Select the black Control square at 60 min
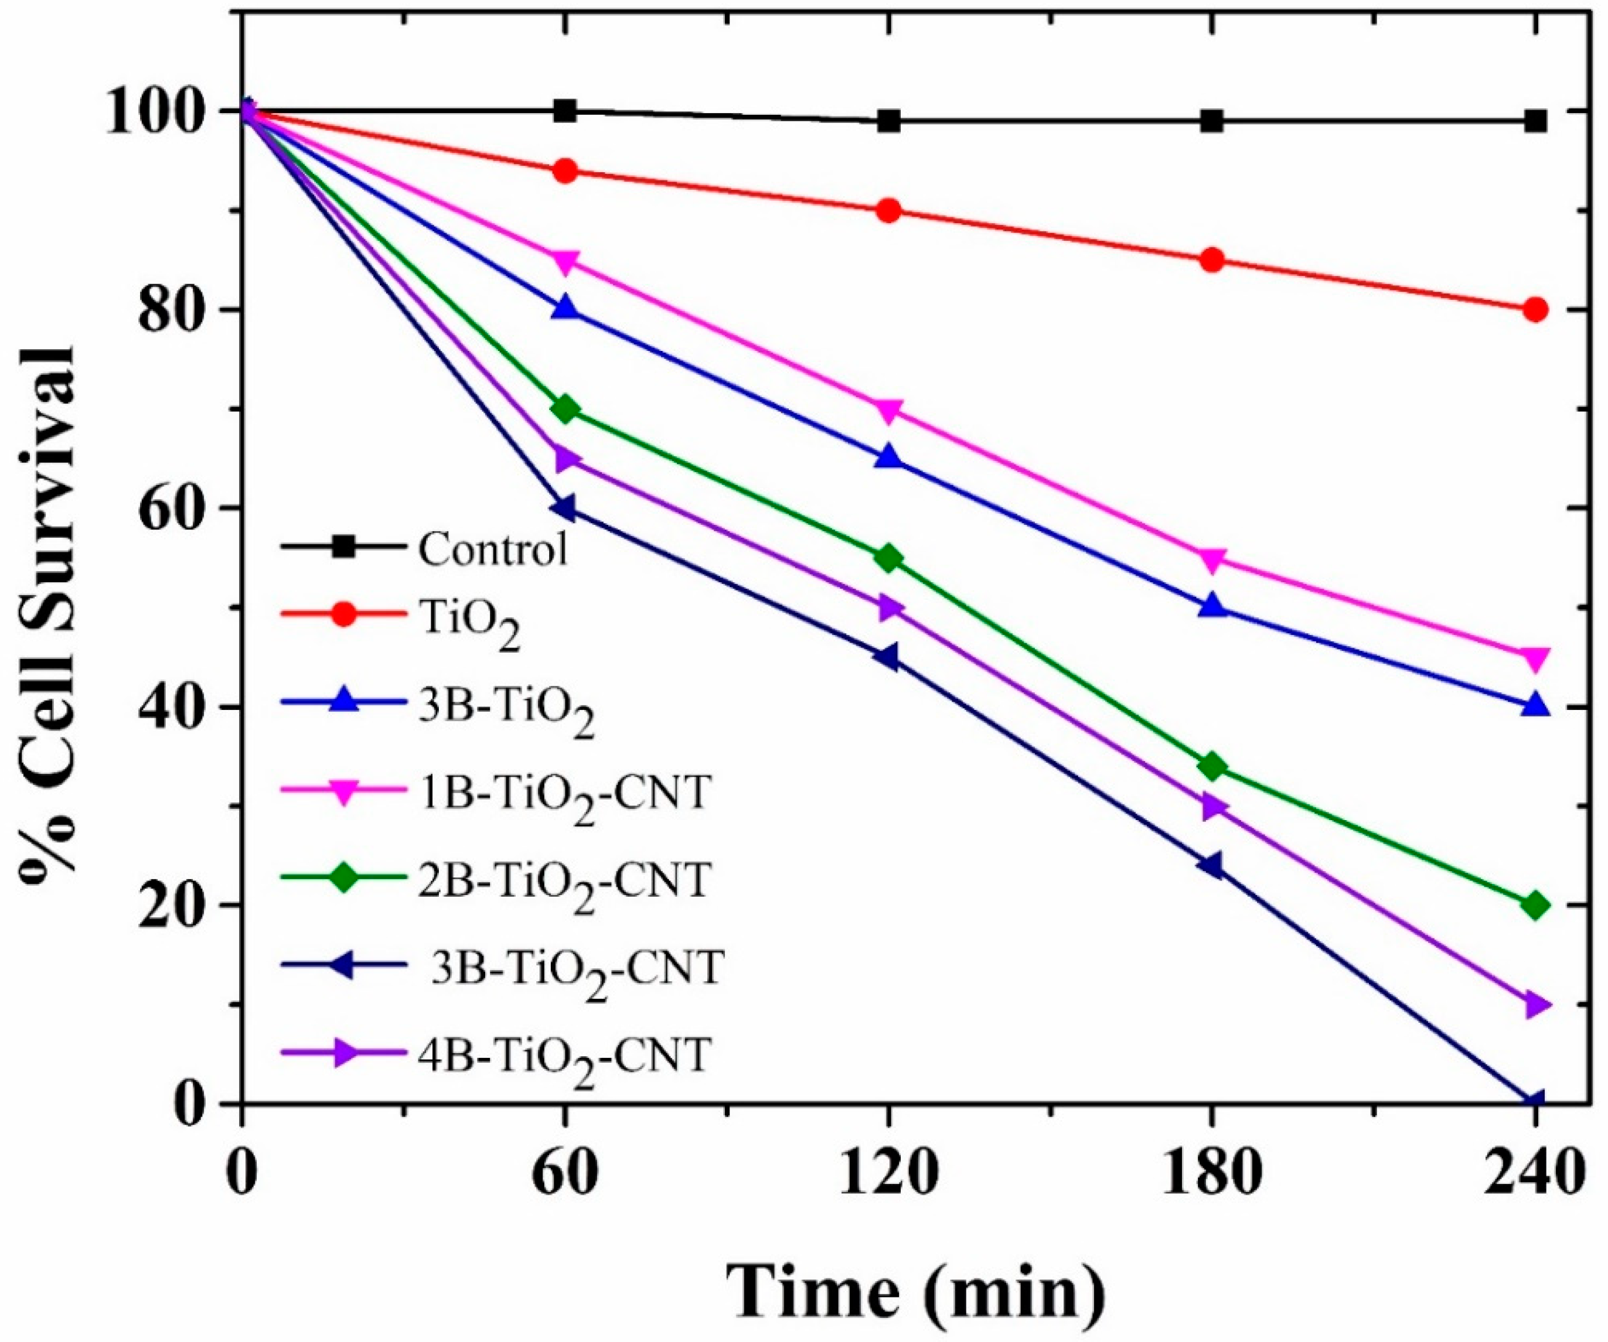(x=565, y=111)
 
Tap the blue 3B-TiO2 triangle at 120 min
(x=889, y=458)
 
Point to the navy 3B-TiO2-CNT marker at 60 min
(x=565, y=508)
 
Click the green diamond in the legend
(x=344, y=880)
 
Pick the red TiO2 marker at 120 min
(x=889, y=210)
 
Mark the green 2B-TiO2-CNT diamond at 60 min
(x=565, y=409)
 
